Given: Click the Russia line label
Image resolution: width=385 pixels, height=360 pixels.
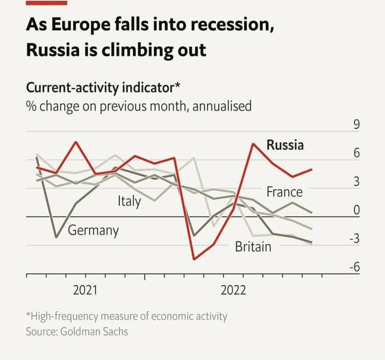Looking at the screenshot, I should pos(285,145).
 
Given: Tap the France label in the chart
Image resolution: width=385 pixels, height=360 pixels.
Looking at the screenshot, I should pos(284,192).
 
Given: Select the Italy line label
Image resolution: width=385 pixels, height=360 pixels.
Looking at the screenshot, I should pos(129,201).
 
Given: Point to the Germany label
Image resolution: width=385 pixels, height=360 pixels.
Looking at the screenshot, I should pos(93,230).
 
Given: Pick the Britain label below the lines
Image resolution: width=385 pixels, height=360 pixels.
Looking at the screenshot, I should pos(253,246).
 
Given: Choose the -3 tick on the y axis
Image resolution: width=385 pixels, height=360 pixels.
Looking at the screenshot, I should pos(355,239).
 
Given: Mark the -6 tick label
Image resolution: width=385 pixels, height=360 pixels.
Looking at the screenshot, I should pos(355,267).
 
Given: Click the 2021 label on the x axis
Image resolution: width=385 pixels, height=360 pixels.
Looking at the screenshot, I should pos(85,290).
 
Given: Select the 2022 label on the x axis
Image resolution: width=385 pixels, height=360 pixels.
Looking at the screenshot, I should pos(233,290).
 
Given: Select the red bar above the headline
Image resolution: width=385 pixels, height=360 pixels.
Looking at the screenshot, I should pos(47,3).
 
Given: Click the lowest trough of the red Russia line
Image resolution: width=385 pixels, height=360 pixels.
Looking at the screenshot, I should pos(194,259).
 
